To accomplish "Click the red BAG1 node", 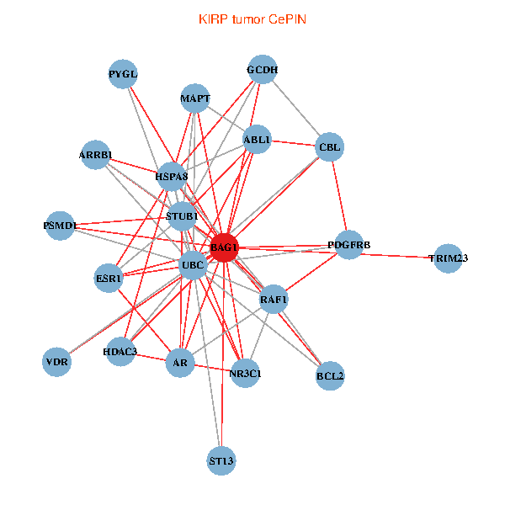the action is (224, 247).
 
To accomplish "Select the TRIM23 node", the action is (448, 258).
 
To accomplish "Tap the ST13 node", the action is (221, 460).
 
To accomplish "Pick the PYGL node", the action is (123, 74).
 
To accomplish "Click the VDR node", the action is (57, 362).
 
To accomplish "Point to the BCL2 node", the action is (330, 375).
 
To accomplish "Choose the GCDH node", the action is (263, 70).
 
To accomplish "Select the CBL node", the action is (329, 148).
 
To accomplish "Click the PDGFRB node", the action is (349, 245).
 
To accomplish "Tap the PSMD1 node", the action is (60, 226).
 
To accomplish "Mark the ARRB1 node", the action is (96, 155).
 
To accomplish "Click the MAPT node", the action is (195, 98).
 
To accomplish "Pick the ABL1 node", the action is (257, 140).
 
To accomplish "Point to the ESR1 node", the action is (109, 278).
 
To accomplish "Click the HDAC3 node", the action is (120, 350).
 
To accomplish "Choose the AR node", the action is (179, 363).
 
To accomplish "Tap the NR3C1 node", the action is (245, 372).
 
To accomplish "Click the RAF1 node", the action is (274, 299).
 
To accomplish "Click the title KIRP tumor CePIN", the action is (252, 19).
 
